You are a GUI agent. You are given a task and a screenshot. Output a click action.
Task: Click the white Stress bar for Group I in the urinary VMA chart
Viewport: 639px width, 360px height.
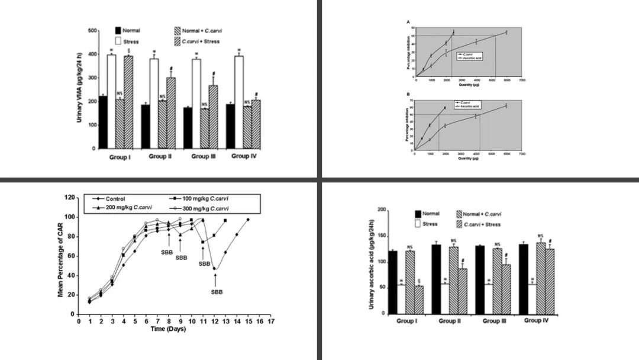click(x=111, y=101)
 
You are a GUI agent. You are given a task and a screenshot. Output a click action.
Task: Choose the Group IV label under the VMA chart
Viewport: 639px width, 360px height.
click(x=243, y=157)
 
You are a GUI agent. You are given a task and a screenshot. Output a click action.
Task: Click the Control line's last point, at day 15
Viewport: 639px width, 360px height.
click(x=247, y=220)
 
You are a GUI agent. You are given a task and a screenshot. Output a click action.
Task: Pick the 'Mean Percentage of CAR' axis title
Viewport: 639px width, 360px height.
click(x=60, y=256)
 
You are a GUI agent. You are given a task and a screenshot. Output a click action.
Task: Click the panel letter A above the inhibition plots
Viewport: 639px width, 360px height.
click(x=408, y=22)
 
